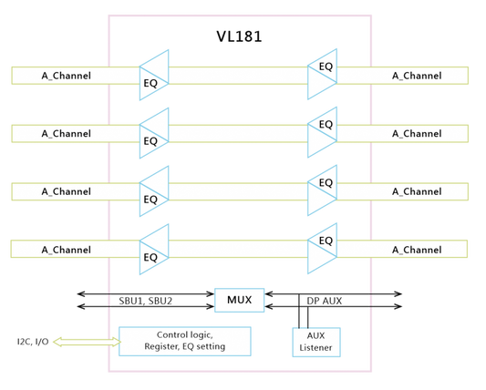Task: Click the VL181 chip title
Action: coord(239,36)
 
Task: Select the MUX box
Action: coord(240,300)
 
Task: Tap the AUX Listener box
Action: coord(316,342)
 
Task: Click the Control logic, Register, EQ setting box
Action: coord(185,341)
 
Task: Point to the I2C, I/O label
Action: coord(33,342)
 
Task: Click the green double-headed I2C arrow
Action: coord(88,342)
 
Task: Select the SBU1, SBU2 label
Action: coord(145,301)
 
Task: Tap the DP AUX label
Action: coord(325,301)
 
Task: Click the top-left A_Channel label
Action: coord(67,76)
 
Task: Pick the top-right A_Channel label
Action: coord(417,76)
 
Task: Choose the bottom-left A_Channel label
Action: coord(67,250)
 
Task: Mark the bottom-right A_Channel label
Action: coord(417,250)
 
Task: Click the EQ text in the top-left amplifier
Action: coord(150,83)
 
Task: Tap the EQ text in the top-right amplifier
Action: coord(326,67)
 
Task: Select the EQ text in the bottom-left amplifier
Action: coord(150,258)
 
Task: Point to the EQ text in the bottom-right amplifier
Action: coord(326,241)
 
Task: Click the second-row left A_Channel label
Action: coord(67,134)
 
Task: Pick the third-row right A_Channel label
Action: coord(417,191)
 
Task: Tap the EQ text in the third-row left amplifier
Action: coord(150,200)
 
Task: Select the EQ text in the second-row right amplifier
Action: coord(326,125)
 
